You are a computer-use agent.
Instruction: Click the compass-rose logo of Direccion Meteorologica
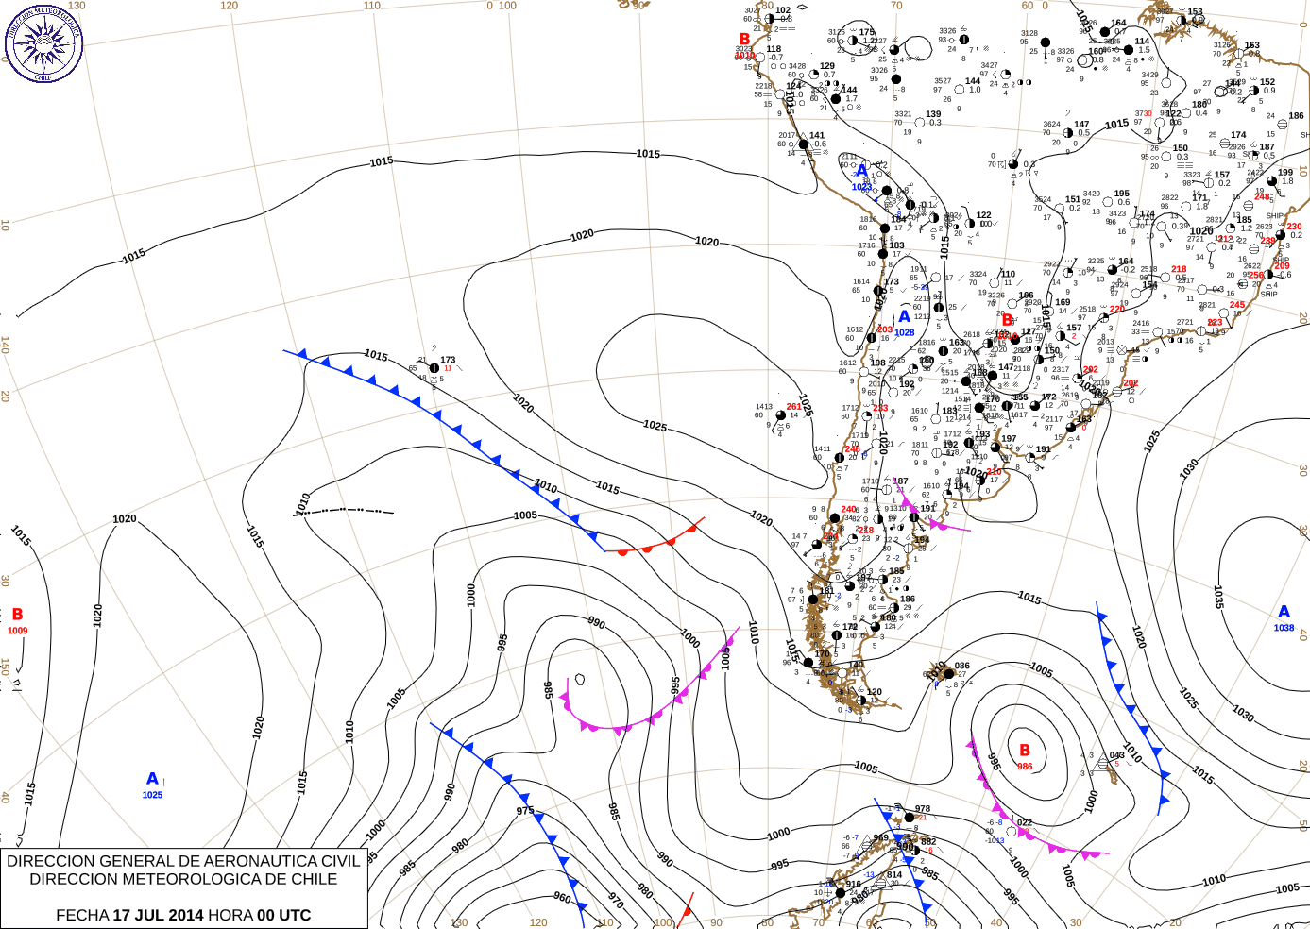[43, 42]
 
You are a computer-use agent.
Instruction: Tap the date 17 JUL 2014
[158, 915]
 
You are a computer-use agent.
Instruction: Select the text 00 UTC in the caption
[283, 915]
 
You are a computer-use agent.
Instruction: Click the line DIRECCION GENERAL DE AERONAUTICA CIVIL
[183, 861]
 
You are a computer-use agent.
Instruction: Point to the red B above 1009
[17, 615]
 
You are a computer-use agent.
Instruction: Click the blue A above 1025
[152, 779]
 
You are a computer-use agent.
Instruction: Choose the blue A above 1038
[1284, 612]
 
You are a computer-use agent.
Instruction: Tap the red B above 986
[1025, 751]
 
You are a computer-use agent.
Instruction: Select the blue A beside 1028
[904, 317]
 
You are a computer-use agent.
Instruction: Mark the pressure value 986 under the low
[1025, 767]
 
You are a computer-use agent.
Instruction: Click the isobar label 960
[562, 898]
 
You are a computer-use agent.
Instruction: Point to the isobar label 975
[525, 810]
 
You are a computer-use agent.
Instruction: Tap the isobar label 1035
[1218, 597]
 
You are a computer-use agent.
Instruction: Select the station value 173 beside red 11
[448, 360]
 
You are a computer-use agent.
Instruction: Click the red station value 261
[793, 407]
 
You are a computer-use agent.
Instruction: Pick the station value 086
[961, 666]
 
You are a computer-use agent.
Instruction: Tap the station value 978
[922, 809]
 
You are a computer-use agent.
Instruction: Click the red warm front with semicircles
[656, 544]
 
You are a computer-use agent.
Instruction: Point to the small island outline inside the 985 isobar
[580, 679]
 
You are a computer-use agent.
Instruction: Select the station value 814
[894, 874]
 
